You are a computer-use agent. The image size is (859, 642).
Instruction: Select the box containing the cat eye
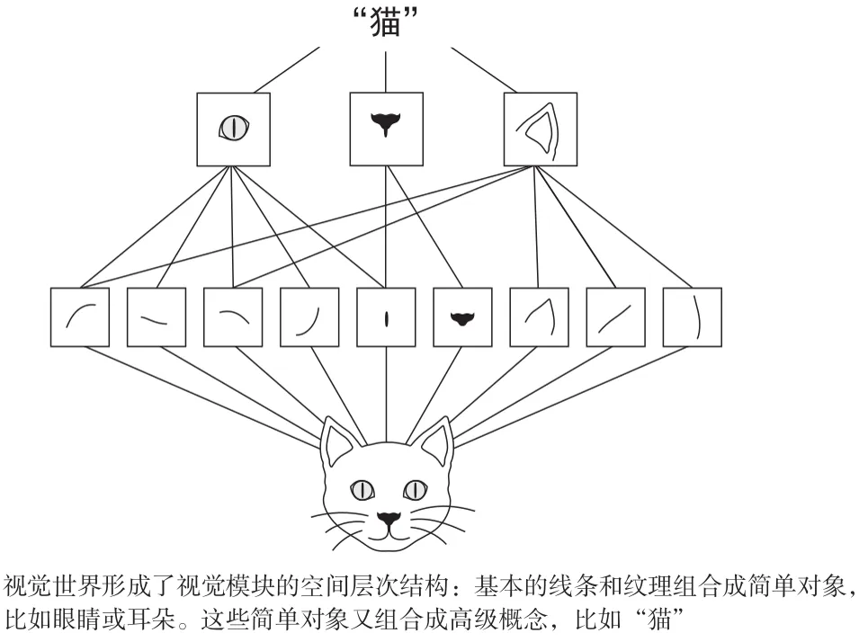[x=233, y=129]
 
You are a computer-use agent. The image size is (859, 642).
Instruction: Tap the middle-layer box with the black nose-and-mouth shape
[x=386, y=129]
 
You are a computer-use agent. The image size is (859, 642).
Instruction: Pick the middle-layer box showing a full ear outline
[x=540, y=129]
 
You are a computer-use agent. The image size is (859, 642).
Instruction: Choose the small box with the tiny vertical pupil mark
[x=386, y=317]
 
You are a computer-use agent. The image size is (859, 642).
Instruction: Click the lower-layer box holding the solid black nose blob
[x=462, y=317]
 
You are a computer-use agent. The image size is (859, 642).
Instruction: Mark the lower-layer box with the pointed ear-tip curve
[x=539, y=317]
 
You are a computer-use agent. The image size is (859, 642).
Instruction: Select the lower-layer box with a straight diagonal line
[x=615, y=317]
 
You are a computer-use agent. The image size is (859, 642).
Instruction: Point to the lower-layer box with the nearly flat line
[x=157, y=317]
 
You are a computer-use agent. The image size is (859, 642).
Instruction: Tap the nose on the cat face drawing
[x=388, y=519]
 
